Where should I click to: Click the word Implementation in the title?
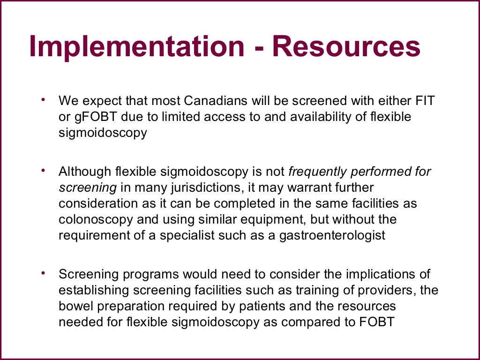coord(136,47)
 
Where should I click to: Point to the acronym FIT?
coord(429,101)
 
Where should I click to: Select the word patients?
coord(275,306)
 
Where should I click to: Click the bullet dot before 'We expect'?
coord(44,99)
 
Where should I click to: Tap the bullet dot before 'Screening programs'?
coord(44,273)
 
